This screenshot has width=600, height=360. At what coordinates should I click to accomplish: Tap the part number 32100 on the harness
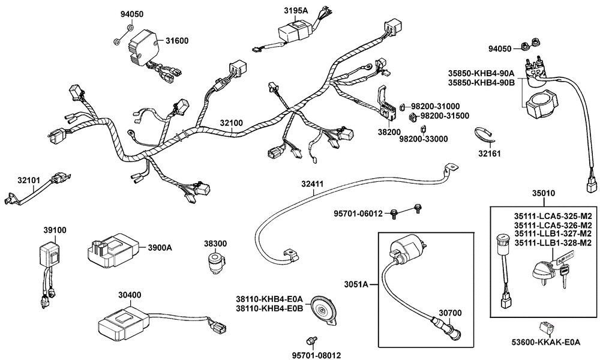(x=231, y=123)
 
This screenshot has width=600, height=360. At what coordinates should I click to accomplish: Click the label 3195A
(x=295, y=11)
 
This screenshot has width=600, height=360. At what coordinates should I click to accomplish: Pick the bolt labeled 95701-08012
(x=311, y=341)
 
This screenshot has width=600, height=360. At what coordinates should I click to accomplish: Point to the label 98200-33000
(x=424, y=139)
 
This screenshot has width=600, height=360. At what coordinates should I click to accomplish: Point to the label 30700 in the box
(x=448, y=313)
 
